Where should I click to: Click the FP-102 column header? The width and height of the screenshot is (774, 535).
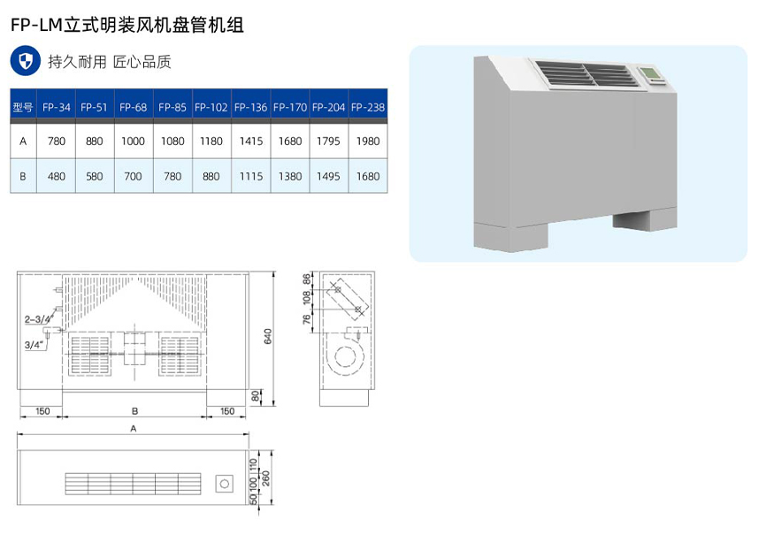pos(211,107)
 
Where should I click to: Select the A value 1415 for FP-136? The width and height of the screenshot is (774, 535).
pos(251,141)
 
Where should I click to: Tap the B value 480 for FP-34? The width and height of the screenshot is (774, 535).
pos(57,176)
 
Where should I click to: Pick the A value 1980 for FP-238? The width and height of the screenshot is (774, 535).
pos(367,141)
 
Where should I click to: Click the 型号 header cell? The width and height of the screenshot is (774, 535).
pos(23,107)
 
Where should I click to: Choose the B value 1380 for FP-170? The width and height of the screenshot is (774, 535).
pos(290,176)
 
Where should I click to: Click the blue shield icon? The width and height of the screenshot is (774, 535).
pos(27,61)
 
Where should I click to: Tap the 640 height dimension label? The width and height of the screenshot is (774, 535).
pos(267,335)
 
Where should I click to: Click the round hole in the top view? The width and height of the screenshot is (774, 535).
pos(224,483)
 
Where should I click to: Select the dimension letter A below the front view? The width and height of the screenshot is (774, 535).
pos(133,428)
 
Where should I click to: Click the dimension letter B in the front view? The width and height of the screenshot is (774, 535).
pos(134,410)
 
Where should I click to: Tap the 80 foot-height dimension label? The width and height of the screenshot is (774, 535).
pos(257,395)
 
